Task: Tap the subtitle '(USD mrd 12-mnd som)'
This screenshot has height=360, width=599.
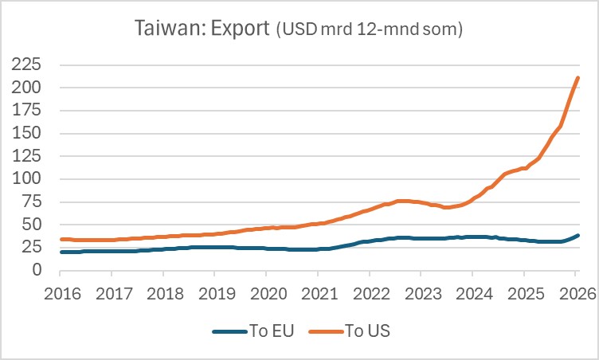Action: coord(369,31)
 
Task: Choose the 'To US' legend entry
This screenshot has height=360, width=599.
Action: coord(366,331)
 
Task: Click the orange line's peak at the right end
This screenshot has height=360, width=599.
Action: coord(578,77)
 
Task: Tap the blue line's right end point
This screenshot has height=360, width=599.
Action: coord(578,236)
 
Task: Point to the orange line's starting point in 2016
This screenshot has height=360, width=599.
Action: coord(61,239)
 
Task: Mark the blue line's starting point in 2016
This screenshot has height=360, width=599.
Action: coord(61,252)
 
